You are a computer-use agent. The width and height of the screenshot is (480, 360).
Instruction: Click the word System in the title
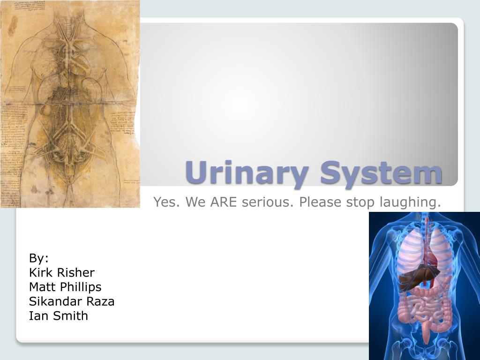click(x=381, y=173)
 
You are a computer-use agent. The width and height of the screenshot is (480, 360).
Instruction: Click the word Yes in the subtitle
click(x=165, y=202)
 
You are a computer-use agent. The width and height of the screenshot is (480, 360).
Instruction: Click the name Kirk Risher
click(x=62, y=272)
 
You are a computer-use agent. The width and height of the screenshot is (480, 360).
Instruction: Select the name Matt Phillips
click(x=65, y=287)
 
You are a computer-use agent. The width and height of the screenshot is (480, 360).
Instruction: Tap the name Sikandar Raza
click(x=72, y=301)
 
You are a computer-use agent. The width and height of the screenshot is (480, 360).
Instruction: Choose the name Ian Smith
click(x=59, y=315)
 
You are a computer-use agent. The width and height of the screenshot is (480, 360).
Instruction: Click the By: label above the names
click(x=39, y=258)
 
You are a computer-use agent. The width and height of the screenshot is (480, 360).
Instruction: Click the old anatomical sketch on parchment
click(x=70, y=103)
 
